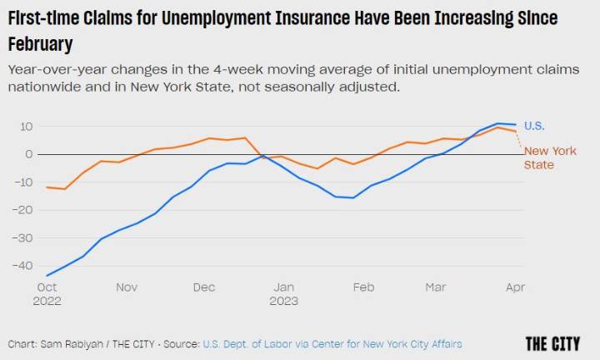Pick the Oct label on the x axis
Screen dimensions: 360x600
(46, 287)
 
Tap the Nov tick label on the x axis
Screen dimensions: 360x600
(127, 287)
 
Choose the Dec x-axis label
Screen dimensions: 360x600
(204, 287)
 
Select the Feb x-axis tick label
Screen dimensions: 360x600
(363, 287)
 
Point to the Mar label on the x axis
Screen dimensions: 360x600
(436, 287)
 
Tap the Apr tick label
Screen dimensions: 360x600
(516, 287)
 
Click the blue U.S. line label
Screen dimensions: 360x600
(534, 126)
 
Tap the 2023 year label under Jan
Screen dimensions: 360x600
(284, 301)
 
